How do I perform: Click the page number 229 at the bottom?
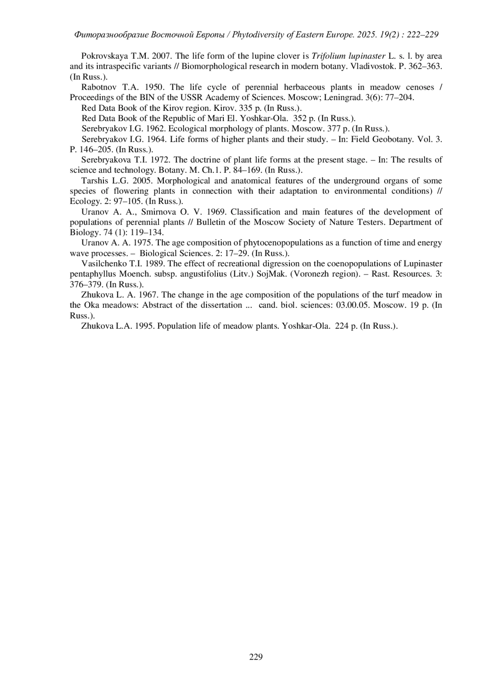coord(256,656)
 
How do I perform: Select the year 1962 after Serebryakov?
coord(156,129)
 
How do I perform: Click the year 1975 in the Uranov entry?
coord(144,243)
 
